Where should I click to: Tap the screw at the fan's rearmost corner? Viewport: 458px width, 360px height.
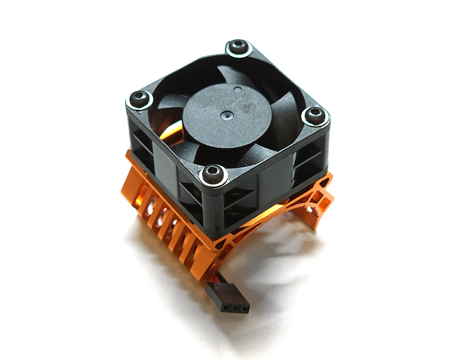(x=239, y=48)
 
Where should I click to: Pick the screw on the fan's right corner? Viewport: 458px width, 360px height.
(x=314, y=116)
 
